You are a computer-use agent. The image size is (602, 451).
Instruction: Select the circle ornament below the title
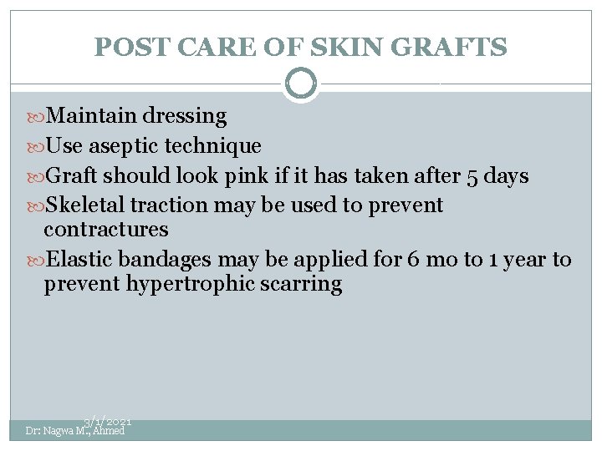point(301,84)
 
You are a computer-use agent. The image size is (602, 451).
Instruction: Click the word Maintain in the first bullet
point(92,115)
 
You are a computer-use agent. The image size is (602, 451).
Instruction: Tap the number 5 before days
point(473,176)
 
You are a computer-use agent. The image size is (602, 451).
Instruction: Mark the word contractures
point(106,229)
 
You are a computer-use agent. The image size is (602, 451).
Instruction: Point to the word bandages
point(165,259)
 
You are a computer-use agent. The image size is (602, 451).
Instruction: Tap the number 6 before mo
point(414,259)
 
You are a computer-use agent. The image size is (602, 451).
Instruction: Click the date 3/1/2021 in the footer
point(108,423)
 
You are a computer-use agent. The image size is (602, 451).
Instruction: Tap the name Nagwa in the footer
point(59,431)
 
